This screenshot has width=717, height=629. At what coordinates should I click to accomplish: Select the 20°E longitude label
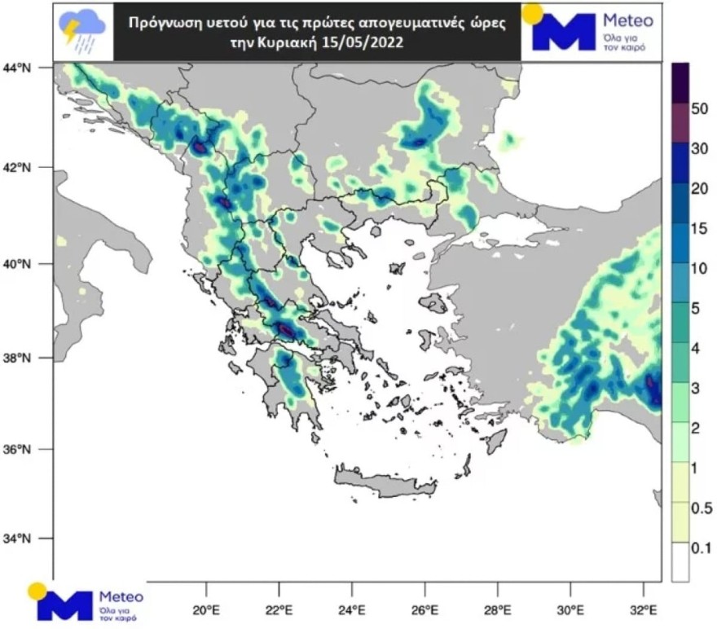pos(206,610)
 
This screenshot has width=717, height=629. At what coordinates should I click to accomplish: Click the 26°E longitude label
pos(425,610)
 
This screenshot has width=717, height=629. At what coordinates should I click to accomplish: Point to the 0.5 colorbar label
pos(702,508)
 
